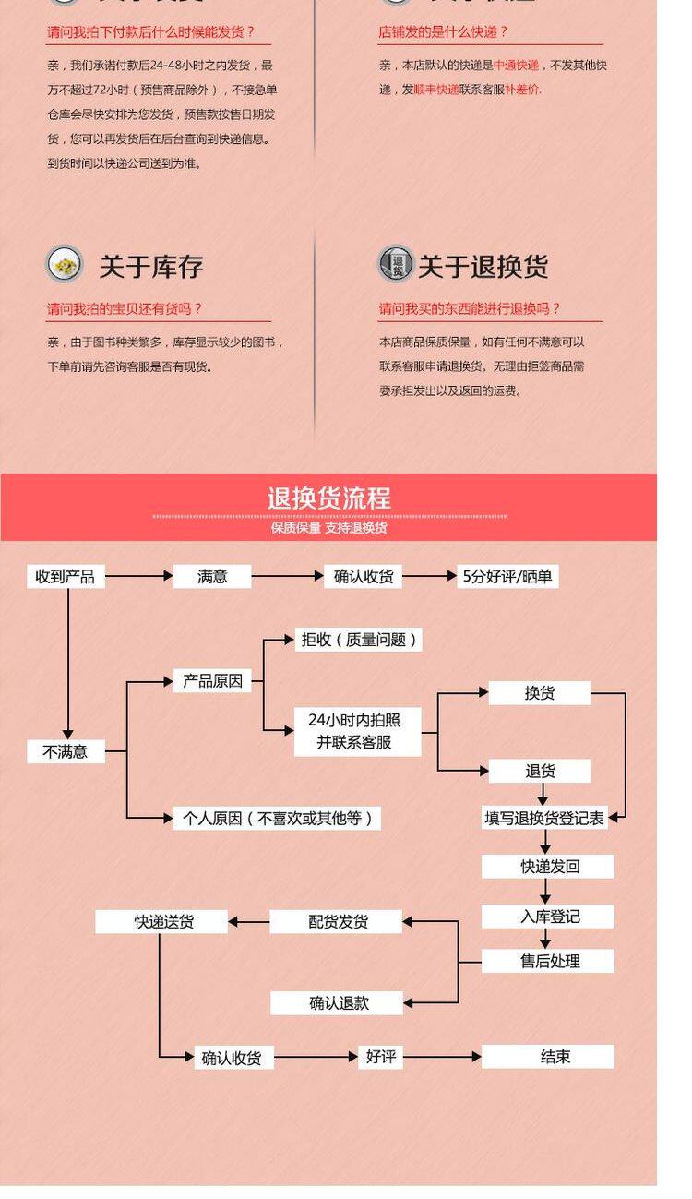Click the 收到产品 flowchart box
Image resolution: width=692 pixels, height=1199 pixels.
(x=65, y=577)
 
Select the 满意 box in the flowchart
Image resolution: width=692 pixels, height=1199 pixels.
(x=212, y=577)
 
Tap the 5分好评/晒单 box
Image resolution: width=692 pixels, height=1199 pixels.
(x=507, y=577)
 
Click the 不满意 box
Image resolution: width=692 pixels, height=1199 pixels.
(x=65, y=751)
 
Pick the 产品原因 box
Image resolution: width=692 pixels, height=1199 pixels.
(x=212, y=682)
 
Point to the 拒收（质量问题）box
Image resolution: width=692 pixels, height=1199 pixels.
(x=359, y=640)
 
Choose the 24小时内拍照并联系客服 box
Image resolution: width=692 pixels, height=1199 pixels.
(x=355, y=731)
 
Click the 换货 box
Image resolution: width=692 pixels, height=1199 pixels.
(x=539, y=693)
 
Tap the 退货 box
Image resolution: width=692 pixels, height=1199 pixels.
(x=539, y=772)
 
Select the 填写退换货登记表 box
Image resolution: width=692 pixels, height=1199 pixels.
(x=544, y=818)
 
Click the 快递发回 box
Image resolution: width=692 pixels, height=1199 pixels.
(x=548, y=867)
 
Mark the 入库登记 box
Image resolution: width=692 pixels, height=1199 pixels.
(x=548, y=917)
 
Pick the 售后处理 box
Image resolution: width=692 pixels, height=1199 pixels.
(x=548, y=961)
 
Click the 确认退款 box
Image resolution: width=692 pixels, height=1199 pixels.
(x=338, y=1003)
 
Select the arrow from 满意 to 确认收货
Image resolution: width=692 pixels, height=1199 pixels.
(x=287, y=577)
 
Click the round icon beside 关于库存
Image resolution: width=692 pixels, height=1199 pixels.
(x=64, y=265)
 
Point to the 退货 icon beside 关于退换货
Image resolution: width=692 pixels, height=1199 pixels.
(x=396, y=264)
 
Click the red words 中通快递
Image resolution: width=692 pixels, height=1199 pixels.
(x=516, y=66)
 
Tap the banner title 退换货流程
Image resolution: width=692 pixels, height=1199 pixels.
(x=329, y=498)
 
